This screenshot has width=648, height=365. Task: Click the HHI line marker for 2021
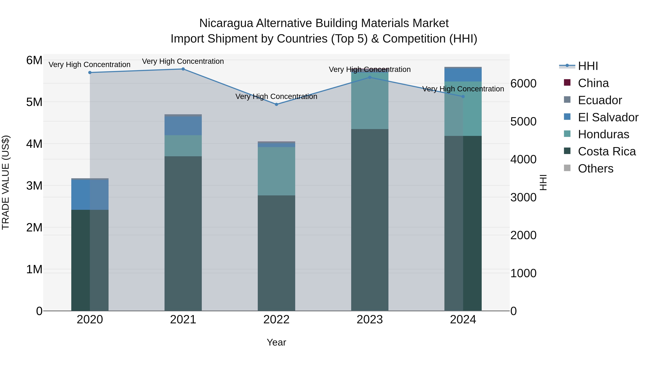pyautogui.click(x=183, y=69)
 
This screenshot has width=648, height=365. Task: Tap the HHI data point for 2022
pyautogui.click(x=276, y=104)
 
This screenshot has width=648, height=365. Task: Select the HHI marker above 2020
pyautogui.click(x=90, y=72)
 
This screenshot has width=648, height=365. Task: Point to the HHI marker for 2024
pyautogui.click(x=463, y=96)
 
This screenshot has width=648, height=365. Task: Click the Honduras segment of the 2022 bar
pyautogui.click(x=276, y=171)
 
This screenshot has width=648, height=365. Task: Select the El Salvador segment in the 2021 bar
pyautogui.click(x=183, y=126)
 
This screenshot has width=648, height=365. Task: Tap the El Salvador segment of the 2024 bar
pyautogui.click(x=463, y=75)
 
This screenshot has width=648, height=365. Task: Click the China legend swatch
pyautogui.click(x=567, y=83)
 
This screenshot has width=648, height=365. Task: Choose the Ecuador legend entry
pyautogui.click(x=600, y=100)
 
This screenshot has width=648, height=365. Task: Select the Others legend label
pyautogui.click(x=595, y=169)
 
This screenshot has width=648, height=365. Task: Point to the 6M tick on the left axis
pyautogui.click(x=34, y=60)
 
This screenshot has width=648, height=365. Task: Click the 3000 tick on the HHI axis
pyautogui.click(x=523, y=198)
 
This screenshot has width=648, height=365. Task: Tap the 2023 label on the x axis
pyautogui.click(x=370, y=320)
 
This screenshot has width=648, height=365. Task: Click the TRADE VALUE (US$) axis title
pyautogui.click(x=6, y=182)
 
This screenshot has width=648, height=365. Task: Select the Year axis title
pyautogui.click(x=276, y=342)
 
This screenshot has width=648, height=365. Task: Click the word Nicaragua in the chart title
pyautogui.click(x=226, y=23)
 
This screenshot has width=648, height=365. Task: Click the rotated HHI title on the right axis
pyautogui.click(x=544, y=182)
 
